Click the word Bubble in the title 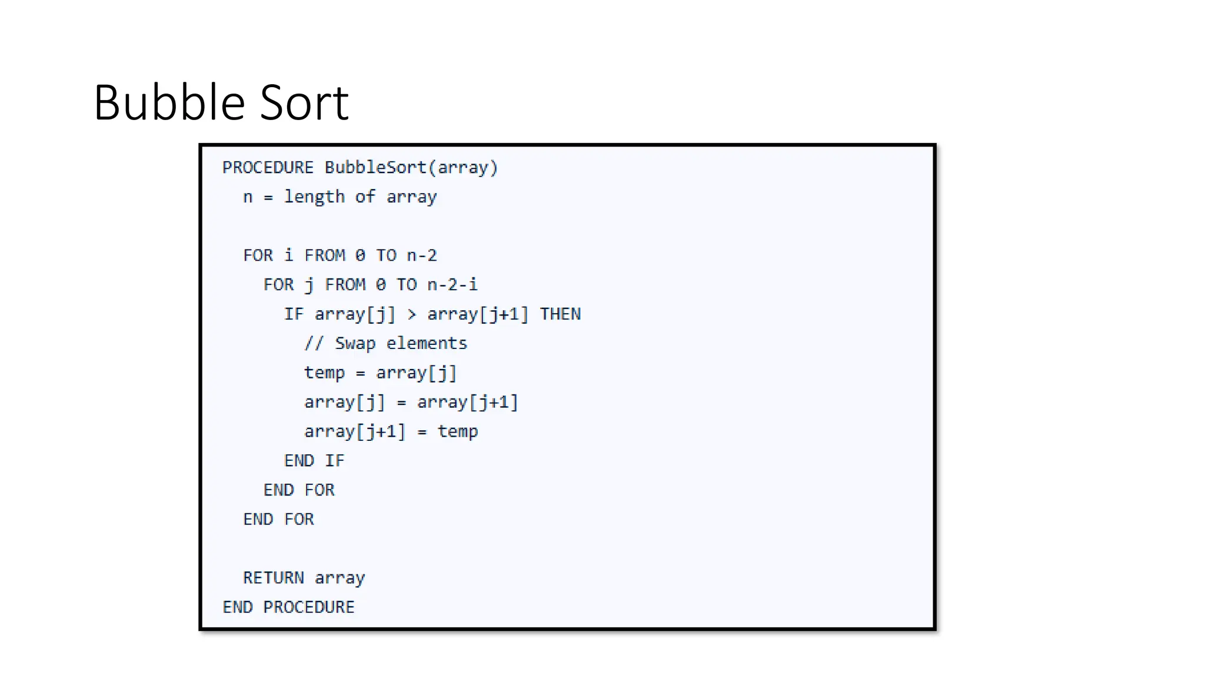pos(168,102)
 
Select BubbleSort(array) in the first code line pos(411,168)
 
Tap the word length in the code pos(314,197)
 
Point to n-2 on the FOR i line pos(422,255)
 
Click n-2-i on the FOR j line pos(452,285)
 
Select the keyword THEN pos(560,314)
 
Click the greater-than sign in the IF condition pos(412,315)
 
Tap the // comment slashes pos(314,344)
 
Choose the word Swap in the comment pos(355,344)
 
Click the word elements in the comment pos(427,344)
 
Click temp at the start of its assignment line pos(324,373)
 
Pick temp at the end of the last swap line pos(458,432)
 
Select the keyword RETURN pos(274,578)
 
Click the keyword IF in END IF pos(335,461)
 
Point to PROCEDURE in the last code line pos(309,607)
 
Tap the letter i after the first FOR pos(288,255)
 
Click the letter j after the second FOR pos(309,285)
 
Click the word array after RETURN pos(339,579)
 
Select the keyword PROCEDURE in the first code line pos(268,168)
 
